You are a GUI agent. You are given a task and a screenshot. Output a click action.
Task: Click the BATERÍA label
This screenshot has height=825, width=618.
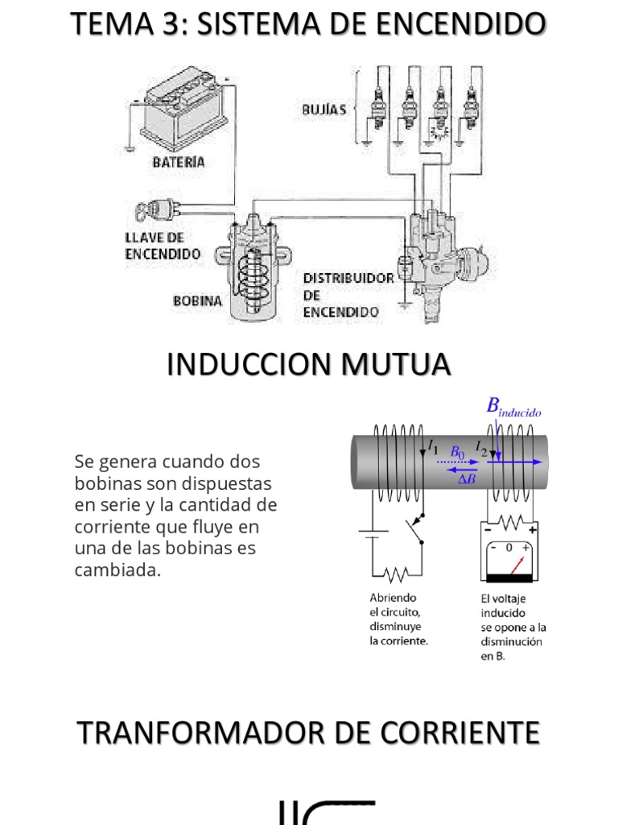[x=179, y=162]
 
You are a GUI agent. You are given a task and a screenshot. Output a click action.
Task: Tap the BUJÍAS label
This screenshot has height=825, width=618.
[x=324, y=109]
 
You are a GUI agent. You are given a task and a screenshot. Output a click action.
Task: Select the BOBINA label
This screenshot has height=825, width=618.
[x=197, y=301]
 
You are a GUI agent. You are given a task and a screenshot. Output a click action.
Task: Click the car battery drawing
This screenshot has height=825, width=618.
[x=180, y=112]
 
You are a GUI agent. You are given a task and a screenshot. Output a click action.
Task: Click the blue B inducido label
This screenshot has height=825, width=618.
[x=513, y=407]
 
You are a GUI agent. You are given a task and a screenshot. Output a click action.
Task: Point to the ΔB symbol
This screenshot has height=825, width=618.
[x=467, y=479]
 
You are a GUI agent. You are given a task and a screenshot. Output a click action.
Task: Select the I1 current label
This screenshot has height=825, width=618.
[x=433, y=446]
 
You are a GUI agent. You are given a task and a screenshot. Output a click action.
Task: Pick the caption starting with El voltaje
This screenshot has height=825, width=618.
[x=513, y=627]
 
